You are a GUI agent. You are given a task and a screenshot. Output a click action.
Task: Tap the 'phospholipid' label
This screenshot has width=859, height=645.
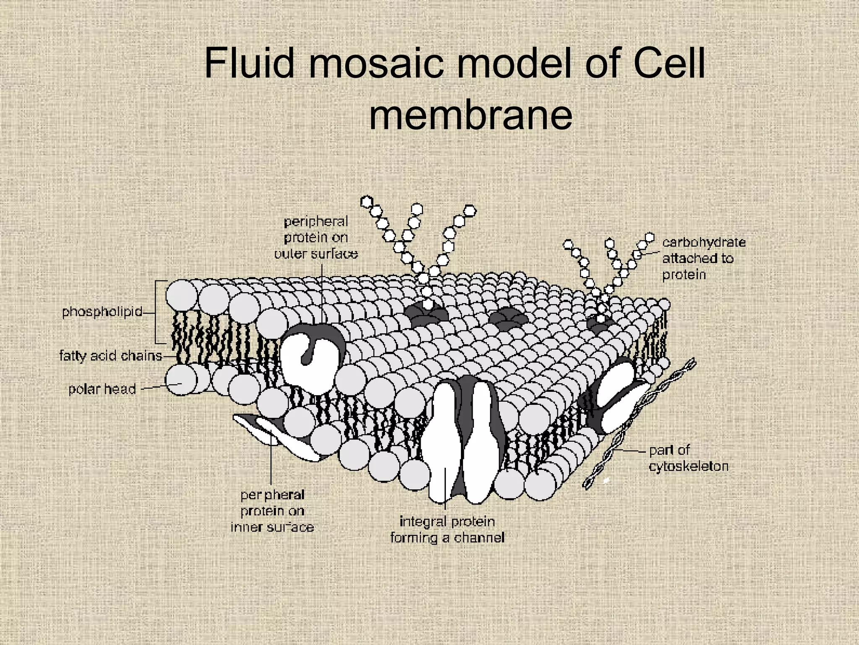pos(102,312)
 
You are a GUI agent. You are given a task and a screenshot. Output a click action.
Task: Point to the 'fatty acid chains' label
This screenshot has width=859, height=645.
pos(111,356)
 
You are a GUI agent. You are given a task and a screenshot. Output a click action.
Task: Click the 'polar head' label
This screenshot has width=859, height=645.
pos(102,389)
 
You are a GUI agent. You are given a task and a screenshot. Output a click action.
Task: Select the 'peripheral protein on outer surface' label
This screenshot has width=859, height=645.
pos(316,238)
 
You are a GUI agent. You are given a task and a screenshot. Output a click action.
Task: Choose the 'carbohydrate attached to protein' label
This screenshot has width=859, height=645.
pos(703,258)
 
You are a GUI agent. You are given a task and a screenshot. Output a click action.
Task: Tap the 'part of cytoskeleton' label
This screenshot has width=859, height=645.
pos(688,458)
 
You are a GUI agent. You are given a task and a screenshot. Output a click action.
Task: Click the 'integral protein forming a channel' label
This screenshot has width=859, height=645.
pos(447,530)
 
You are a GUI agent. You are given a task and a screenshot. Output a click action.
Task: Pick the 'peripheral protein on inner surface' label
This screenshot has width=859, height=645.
pos(272,511)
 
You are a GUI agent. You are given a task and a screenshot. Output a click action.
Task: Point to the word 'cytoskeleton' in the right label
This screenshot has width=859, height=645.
pos(688,467)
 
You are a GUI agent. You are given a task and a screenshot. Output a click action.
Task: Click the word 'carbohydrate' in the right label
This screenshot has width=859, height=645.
pos(704,242)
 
